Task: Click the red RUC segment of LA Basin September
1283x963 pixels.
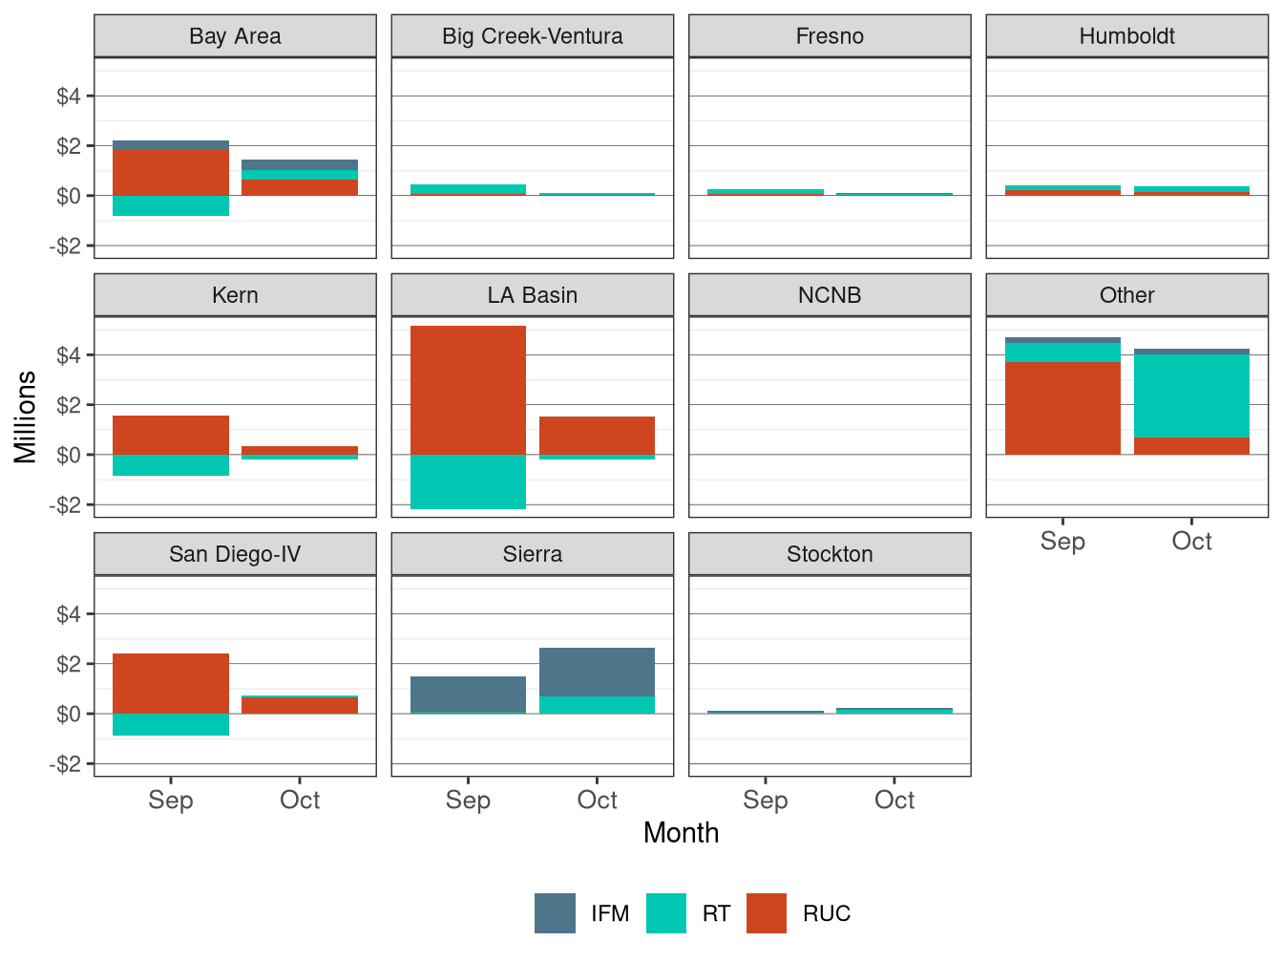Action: [468, 390]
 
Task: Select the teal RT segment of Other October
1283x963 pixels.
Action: [1191, 396]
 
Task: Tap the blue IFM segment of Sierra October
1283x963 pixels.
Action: [597, 672]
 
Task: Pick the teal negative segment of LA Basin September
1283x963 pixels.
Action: [468, 481]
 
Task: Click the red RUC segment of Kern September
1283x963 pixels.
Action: [171, 435]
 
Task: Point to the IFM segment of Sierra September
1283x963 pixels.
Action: [468, 694]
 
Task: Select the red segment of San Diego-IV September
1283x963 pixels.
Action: [171, 683]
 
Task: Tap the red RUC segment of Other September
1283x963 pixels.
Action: [1062, 408]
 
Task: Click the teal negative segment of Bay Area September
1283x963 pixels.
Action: [171, 205]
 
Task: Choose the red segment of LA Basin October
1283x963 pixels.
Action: [597, 436]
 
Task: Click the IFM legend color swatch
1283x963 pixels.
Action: [555, 913]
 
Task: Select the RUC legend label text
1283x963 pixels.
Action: [826, 914]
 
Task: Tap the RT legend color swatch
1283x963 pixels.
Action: [666, 913]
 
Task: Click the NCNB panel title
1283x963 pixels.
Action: [830, 295]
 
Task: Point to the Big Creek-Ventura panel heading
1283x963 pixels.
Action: [532, 36]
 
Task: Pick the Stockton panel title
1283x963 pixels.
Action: [830, 554]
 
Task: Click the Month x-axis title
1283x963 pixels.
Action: [681, 833]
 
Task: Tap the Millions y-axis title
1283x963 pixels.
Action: [26, 417]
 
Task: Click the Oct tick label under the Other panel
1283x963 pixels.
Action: [1191, 542]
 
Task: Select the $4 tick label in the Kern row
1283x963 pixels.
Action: [69, 355]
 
